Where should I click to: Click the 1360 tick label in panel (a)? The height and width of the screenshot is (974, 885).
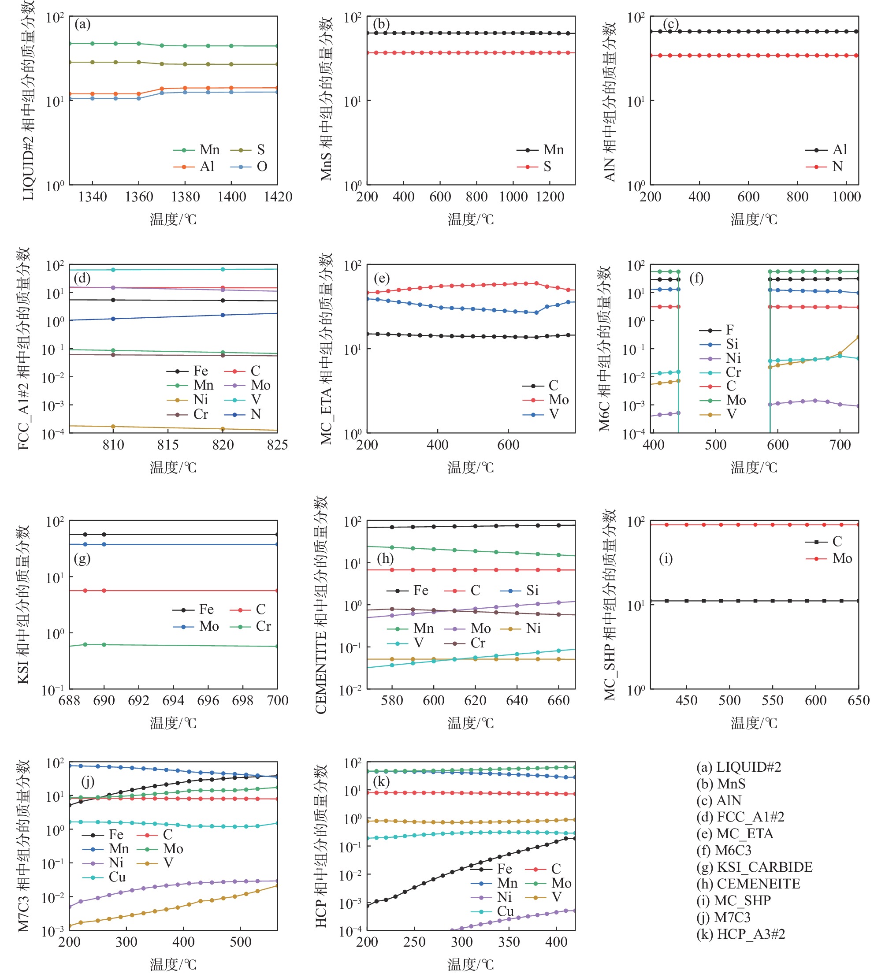(139, 197)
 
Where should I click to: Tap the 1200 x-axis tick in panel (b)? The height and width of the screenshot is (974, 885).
(550, 197)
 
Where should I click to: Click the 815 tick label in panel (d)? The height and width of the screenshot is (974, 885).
(168, 445)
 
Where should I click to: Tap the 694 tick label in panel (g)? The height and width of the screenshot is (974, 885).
(173, 701)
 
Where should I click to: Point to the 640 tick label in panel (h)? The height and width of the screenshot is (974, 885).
(517, 701)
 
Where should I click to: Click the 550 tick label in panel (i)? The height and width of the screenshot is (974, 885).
(773, 701)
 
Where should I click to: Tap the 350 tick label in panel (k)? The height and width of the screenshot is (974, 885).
(509, 942)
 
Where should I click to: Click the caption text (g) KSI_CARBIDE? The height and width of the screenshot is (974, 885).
(754, 867)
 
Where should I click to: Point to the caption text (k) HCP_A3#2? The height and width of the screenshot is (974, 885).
(740, 934)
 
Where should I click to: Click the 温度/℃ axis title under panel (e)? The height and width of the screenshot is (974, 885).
(471, 467)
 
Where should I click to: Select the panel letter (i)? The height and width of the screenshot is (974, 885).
(666, 559)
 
